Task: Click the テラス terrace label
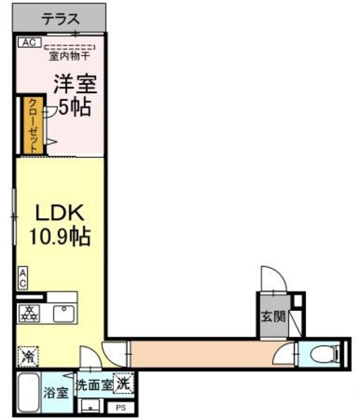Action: click(x=60, y=20)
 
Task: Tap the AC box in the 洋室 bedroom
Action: click(x=28, y=43)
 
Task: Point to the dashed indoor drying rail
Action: click(x=70, y=47)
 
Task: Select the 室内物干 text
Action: click(x=70, y=56)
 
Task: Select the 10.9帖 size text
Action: click(x=58, y=235)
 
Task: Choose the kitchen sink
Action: click(x=64, y=314)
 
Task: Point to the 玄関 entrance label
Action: click(x=275, y=316)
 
